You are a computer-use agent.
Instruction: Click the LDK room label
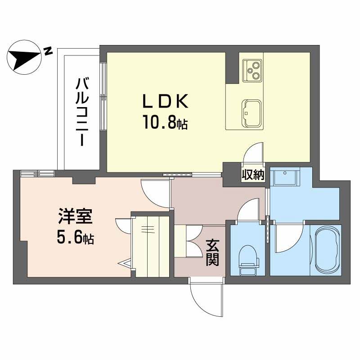pos(165,101)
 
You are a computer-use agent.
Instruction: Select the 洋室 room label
pos(75,216)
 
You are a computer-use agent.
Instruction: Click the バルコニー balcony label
pos(82,112)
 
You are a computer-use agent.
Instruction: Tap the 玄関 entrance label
pos(212,252)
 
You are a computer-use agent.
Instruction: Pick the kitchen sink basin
pos(252,113)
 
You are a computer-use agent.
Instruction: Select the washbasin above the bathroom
pos(285,176)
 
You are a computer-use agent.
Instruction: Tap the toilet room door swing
pos(248,209)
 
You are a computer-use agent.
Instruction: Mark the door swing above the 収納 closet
pos(253,153)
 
